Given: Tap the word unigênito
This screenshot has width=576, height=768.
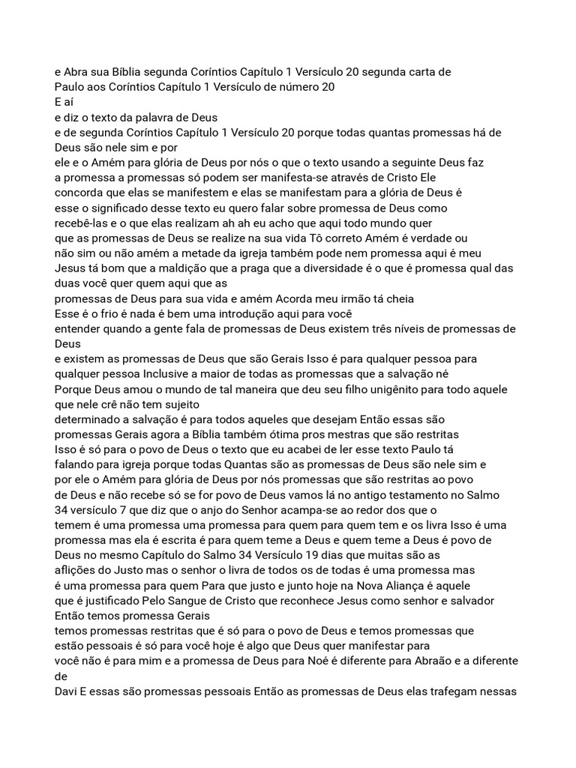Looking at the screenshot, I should (x=369, y=388).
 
